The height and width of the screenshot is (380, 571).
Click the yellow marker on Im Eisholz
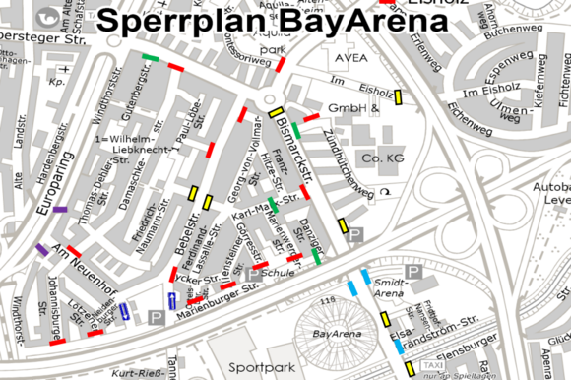[x=399, y=96]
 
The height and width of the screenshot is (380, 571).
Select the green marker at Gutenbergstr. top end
[x=150, y=58]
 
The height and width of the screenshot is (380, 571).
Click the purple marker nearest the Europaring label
[x=60, y=210]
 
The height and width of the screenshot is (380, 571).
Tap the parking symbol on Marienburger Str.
[x=155, y=316]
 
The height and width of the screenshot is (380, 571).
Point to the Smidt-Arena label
[x=391, y=286]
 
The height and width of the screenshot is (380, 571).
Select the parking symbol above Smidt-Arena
[x=414, y=271]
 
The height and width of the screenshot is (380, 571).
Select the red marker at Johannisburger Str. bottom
[x=55, y=343]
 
